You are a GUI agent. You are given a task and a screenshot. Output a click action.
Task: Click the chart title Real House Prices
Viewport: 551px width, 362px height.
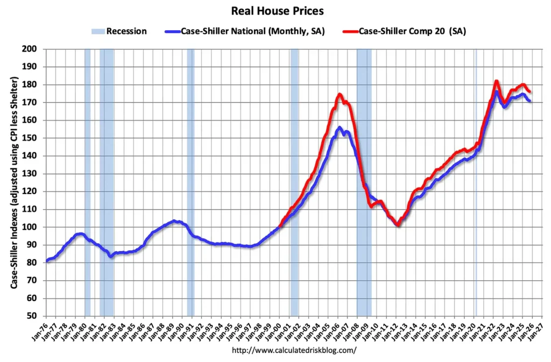pos(277,11)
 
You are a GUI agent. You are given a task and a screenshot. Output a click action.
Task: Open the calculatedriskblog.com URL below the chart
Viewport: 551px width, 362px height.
pos(294,350)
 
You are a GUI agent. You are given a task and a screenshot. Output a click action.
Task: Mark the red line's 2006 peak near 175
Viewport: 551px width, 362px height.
pos(339,95)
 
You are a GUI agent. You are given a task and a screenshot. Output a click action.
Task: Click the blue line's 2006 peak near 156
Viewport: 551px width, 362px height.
pos(339,128)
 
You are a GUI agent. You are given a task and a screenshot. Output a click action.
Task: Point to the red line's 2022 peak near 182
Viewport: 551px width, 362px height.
pos(496,82)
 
